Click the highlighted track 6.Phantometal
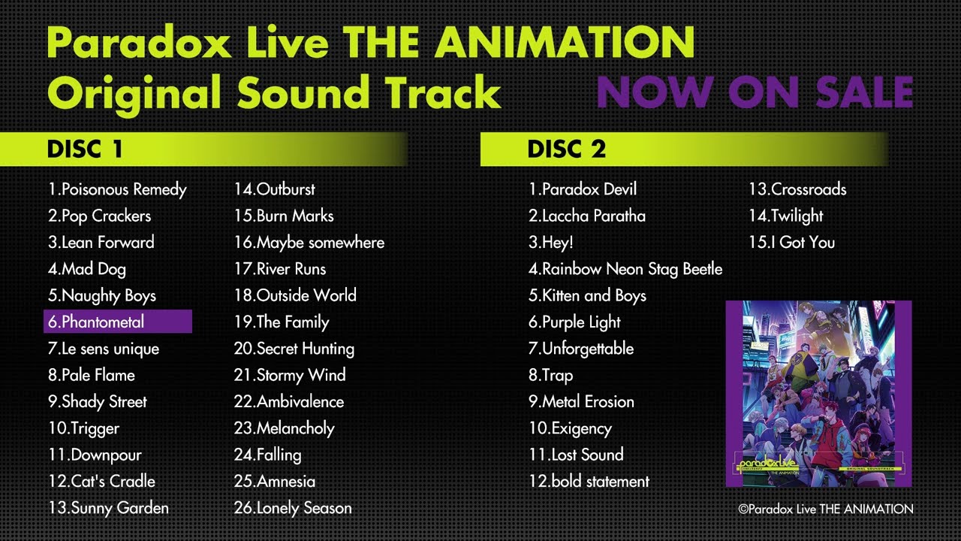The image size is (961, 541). [x=118, y=322]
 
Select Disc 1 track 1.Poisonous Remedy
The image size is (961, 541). [x=117, y=189]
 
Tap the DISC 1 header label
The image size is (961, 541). [x=85, y=149]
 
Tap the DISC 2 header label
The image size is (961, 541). [x=566, y=149]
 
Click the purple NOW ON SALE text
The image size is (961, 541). [x=755, y=92]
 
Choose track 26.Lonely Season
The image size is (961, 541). [x=293, y=508]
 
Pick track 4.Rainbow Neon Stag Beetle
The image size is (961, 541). [x=625, y=269]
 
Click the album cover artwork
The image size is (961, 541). [x=818, y=394]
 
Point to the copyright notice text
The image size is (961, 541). [x=826, y=509]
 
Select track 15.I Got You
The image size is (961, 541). [x=792, y=242]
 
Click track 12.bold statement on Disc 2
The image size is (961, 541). [x=589, y=482]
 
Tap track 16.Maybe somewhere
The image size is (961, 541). [x=309, y=243]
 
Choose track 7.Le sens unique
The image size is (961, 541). [x=104, y=349]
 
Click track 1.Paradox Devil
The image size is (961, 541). [x=583, y=189]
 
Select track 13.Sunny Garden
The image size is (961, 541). [x=108, y=508]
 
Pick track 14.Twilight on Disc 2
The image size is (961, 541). [x=786, y=216]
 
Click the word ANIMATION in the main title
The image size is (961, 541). [x=565, y=42]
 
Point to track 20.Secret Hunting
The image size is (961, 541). [x=294, y=349]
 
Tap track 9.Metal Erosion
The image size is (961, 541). [x=581, y=401]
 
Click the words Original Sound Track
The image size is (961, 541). [x=274, y=92]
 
